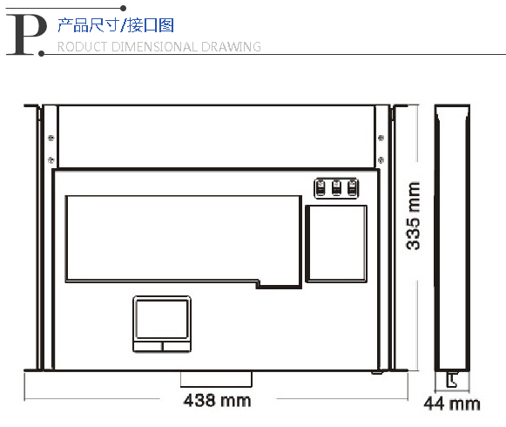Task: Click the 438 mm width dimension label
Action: pyautogui.click(x=217, y=401)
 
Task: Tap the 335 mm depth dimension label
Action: pyautogui.click(x=414, y=216)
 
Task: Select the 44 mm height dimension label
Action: pyautogui.click(x=452, y=403)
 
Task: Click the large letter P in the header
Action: pyautogui.click(x=26, y=35)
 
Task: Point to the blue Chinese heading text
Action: pyautogui.click(x=116, y=25)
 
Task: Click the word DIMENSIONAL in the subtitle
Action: pyautogui.click(x=153, y=47)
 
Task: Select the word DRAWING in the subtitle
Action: pyautogui.click(x=231, y=47)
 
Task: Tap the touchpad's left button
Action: pyautogui.click(x=148, y=346)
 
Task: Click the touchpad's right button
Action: pyautogui.click(x=177, y=346)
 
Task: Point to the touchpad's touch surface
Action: pyautogui.click(x=162, y=319)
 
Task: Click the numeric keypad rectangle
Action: pyautogui.click(x=336, y=244)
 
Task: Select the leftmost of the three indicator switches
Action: pyautogui.click(x=320, y=188)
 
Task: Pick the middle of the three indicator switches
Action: pyautogui.click(x=336, y=188)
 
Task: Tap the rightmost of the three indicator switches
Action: pyautogui.click(x=352, y=188)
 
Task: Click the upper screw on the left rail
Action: pyautogui.click(x=51, y=139)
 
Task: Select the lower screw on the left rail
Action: pyautogui.click(x=51, y=159)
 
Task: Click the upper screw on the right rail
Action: pyautogui.click(x=381, y=139)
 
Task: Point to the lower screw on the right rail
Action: pyautogui.click(x=381, y=159)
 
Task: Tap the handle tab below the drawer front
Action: pyautogui.click(x=216, y=379)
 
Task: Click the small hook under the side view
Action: pyautogui.click(x=452, y=380)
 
